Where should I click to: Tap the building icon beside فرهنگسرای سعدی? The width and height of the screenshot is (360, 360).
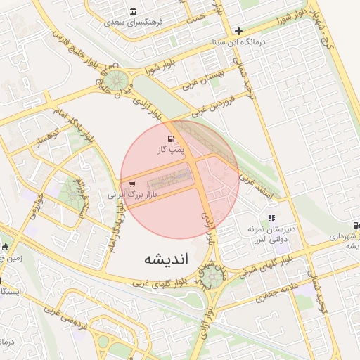pyautogui.click(x=134, y=11)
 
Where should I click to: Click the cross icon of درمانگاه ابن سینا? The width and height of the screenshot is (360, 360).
pyautogui.click(x=239, y=31)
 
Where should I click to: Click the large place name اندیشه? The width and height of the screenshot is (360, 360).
pyautogui.click(x=167, y=258)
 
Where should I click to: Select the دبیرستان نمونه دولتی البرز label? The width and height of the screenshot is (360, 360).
pyautogui.click(x=271, y=234)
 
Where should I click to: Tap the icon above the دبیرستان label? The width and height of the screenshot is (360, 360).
pyautogui.click(x=271, y=218)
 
